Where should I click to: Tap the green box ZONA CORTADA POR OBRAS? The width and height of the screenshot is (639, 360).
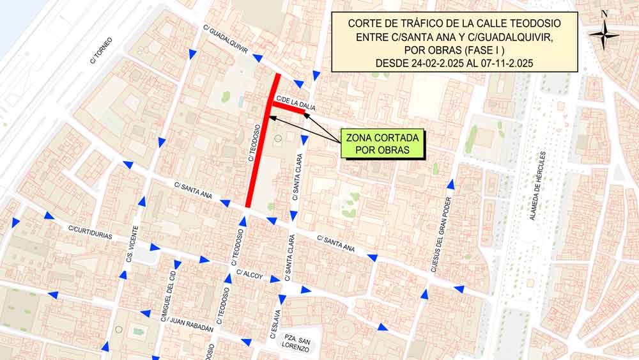(382, 144)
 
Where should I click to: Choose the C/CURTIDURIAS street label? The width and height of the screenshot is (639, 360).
(90, 233)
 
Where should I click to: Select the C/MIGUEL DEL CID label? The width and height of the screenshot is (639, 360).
(168, 294)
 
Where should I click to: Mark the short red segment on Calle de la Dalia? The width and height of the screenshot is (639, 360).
(289, 109)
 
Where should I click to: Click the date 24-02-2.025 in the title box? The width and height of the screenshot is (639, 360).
(435, 63)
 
